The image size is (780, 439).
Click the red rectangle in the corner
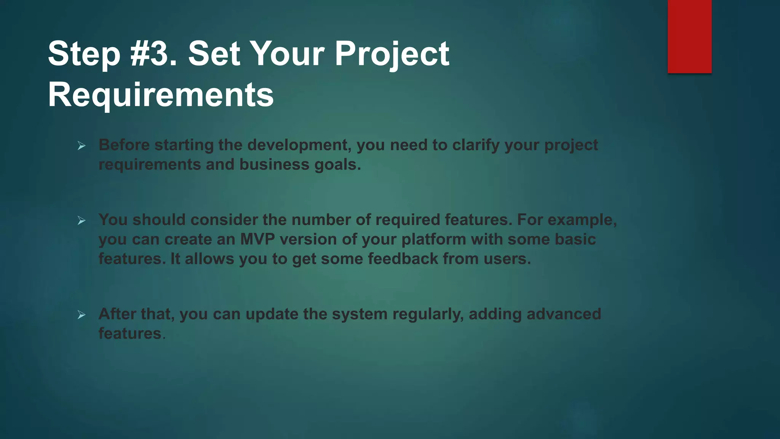pyautogui.click(x=689, y=36)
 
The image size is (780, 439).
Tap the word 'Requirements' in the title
pyautogui.click(x=161, y=95)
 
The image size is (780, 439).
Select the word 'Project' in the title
pyautogui.click(x=392, y=54)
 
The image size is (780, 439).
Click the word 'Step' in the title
pyautogui.click(x=84, y=54)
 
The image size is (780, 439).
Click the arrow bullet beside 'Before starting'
pyautogui.click(x=82, y=146)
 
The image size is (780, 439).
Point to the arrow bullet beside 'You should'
pyautogui.click(x=82, y=220)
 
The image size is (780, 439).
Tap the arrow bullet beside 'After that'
pyautogui.click(x=82, y=315)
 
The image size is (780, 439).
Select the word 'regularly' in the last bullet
pyautogui.click(x=428, y=314)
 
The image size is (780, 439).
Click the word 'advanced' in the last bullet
pyautogui.click(x=564, y=314)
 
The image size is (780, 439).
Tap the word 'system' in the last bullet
pyautogui.click(x=360, y=314)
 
